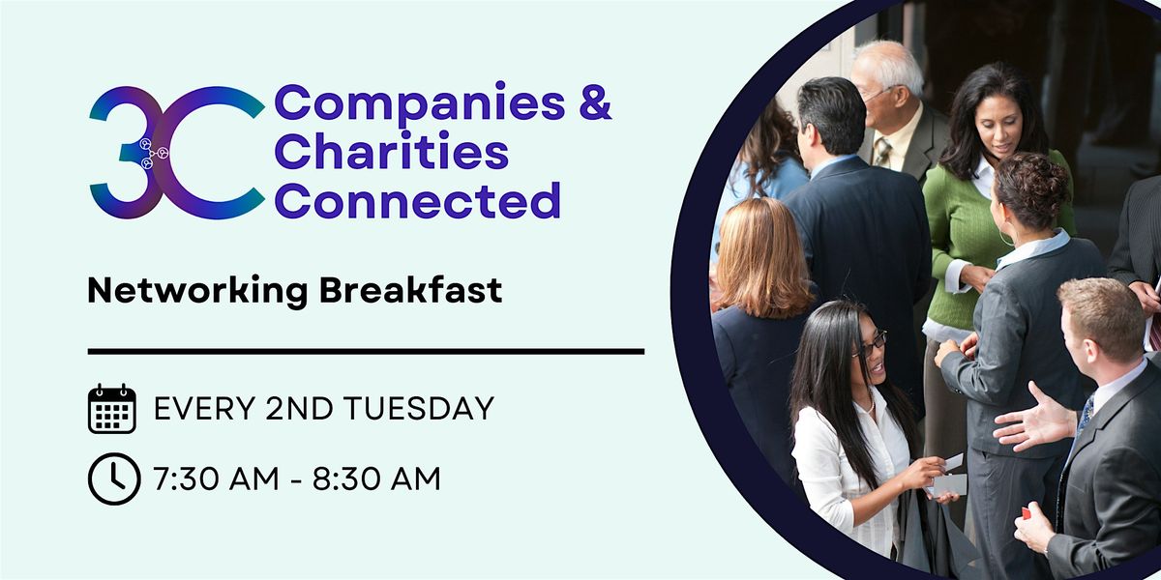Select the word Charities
(x=392, y=152)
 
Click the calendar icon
(x=112, y=408)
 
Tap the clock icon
(x=112, y=478)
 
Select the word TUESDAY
(x=424, y=409)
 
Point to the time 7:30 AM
(x=220, y=478)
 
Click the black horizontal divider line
(x=366, y=351)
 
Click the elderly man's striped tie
(x=881, y=152)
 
